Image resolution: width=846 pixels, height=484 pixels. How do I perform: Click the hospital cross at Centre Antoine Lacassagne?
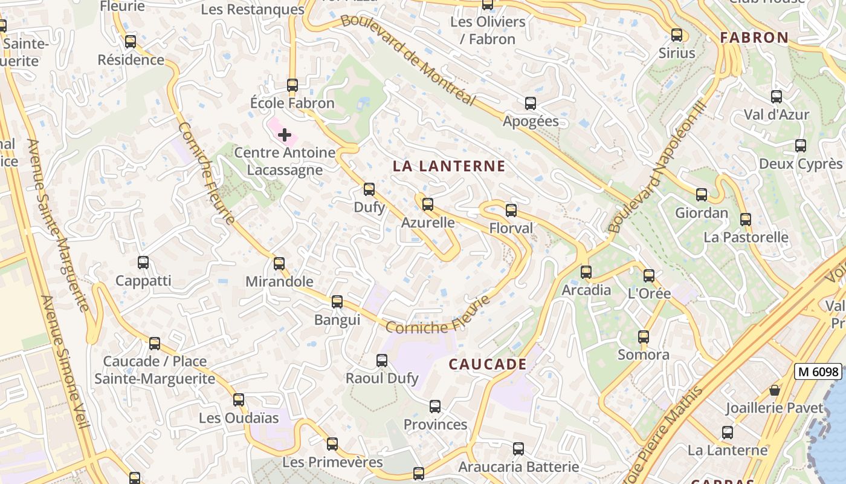[285, 135]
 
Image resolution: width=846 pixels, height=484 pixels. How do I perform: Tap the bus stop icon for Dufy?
[369, 189]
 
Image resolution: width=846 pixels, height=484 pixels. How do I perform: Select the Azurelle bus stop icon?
[428, 204]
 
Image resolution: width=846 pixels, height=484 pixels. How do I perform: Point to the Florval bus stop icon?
[511, 211]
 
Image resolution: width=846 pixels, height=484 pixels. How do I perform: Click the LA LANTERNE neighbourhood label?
[449, 166]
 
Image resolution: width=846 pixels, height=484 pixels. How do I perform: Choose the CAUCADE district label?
[488, 364]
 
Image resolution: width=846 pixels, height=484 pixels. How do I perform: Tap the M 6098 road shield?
[818, 371]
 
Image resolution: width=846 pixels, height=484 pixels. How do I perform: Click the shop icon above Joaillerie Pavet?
[775, 390]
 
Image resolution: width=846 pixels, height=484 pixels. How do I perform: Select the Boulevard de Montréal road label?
[408, 59]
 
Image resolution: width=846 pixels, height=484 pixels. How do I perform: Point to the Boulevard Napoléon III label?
[657, 167]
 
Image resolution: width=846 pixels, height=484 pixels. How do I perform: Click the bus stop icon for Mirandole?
[279, 264]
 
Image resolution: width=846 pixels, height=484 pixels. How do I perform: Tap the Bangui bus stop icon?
[337, 302]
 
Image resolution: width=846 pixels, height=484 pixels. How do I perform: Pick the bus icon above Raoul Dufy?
[382, 361]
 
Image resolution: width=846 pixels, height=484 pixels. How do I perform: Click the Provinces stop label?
[435, 424]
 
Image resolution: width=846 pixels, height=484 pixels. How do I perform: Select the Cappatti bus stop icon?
[143, 263]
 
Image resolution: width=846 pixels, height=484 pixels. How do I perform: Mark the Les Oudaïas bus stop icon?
[239, 400]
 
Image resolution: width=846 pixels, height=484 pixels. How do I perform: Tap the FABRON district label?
[755, 38]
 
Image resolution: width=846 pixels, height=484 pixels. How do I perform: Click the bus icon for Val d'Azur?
[777, 97]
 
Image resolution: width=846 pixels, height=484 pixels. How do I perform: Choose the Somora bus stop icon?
[644, 337]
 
